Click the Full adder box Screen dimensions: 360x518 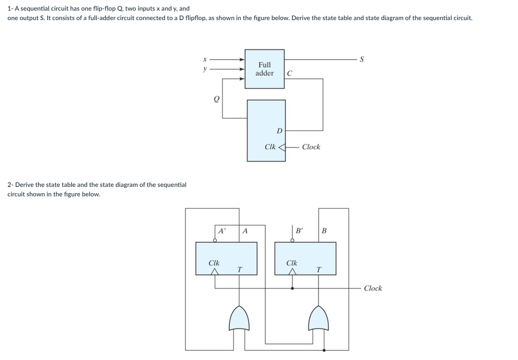point(264,69)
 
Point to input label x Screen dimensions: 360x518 point(204,60)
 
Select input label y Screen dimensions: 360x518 point(205,69)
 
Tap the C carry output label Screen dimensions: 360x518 point(290,73)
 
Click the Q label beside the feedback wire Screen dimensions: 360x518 point(216,100)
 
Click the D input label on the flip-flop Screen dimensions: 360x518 point(279,131)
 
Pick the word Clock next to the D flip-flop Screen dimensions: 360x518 point(311,147)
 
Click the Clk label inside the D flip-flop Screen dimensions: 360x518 point(270,147)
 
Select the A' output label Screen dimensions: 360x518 point(222,231)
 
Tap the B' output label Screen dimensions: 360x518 point(300,231)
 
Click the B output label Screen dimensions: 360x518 point(324,231)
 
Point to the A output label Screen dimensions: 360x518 point(245,231)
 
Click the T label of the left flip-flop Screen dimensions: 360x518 point(239,269)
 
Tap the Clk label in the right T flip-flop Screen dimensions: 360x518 point(292,263)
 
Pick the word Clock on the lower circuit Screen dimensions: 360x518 point(373,288)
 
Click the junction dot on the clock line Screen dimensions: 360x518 point(292,288)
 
